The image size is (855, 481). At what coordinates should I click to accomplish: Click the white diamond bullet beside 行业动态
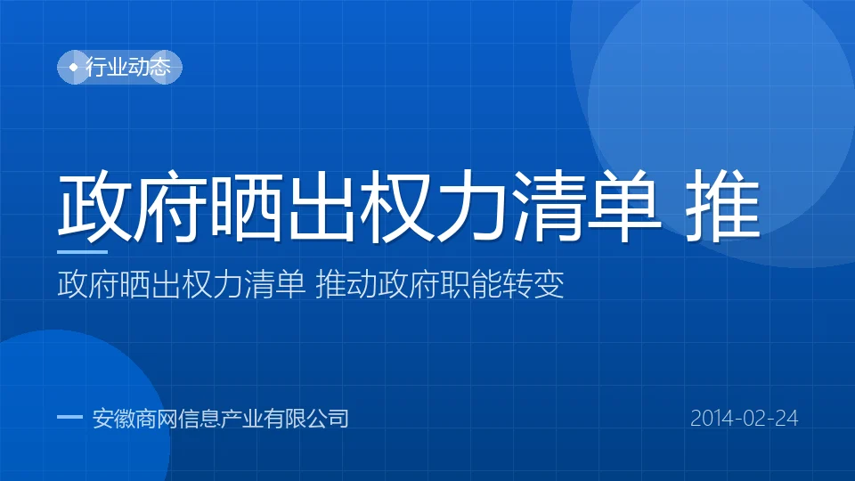73,67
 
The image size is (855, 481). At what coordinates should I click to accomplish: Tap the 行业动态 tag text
128,67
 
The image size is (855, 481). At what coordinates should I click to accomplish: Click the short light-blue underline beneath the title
82,252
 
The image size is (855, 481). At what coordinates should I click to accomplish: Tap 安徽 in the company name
114,419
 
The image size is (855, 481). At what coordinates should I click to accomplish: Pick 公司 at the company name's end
328,419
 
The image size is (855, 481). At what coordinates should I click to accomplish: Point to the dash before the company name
69,418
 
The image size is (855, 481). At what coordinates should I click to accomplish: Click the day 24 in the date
786,419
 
